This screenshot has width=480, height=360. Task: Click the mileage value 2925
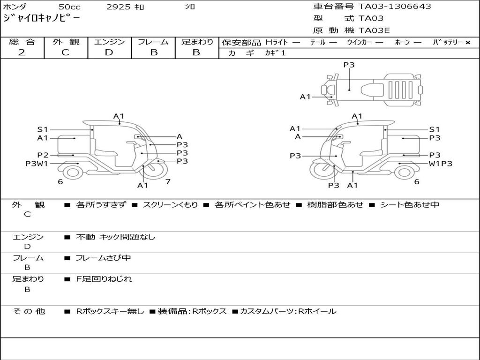119,7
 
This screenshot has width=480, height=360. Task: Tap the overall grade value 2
22,52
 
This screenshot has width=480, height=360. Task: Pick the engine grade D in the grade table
109,52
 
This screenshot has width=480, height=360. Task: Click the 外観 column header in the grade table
66,42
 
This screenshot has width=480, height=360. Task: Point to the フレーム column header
153,42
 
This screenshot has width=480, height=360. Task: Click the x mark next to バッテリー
468,43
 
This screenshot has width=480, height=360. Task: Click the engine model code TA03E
374,31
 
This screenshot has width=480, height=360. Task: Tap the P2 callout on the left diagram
43,155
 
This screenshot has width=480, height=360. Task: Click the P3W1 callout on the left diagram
37,164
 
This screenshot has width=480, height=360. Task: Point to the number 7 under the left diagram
168,181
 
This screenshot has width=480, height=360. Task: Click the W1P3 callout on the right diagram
441,164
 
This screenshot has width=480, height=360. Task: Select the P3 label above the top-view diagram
349,65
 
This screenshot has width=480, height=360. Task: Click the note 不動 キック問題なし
115,237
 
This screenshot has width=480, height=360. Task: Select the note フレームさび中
103,258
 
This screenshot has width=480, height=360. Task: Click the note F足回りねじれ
104,279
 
